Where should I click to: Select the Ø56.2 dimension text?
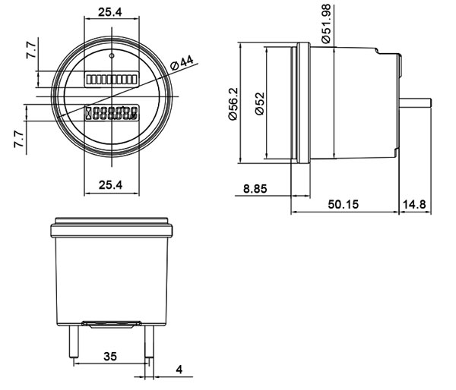(233, 103)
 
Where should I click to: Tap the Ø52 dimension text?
(258, 103)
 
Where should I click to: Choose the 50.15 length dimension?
(344, 205)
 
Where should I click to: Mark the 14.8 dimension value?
(421, 205)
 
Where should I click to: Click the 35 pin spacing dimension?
(109, 354)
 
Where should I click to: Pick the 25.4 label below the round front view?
(111, 184)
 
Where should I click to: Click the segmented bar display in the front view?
(111, 79)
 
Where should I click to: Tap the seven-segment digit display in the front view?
(112, 115)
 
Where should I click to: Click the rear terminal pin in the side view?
(416, 101)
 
